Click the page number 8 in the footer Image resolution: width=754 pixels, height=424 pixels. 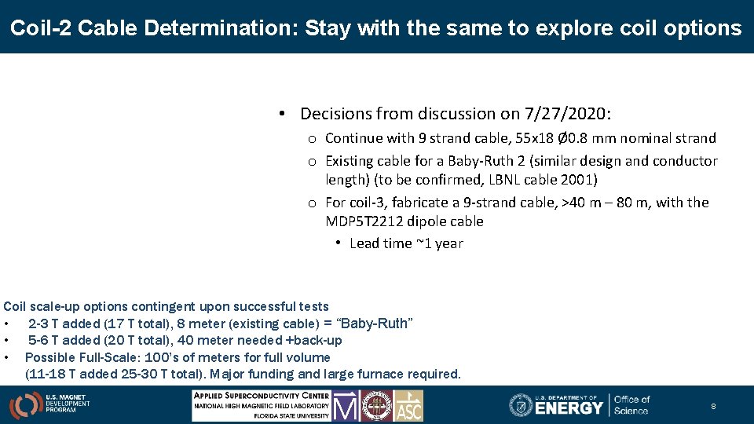coord(713,407)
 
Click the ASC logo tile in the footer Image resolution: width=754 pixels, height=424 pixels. coord(408,406)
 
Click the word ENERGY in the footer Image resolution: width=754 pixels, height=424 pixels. coord(569,408)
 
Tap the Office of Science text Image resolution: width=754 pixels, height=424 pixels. coord(631,405)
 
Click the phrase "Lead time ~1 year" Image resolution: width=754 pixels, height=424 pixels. coord(406,243)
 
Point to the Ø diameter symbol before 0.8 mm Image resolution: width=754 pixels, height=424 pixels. coord(562,138)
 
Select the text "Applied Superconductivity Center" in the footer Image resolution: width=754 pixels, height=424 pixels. coord(262,395)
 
